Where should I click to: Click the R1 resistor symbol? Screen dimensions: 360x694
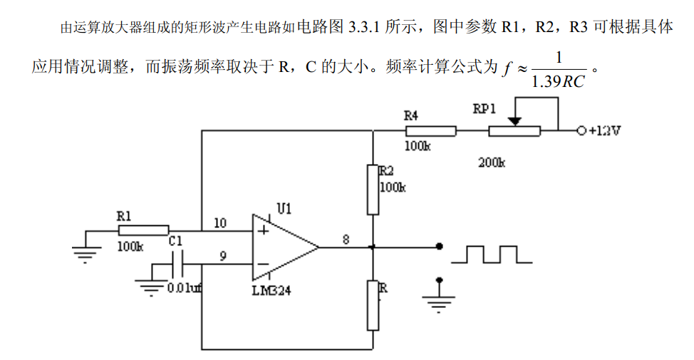pyautogui.click(x=143, y=230)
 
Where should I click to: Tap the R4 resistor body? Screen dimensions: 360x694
pyautogui.click(x=430, y=131)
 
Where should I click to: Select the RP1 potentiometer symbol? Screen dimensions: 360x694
pyautogui.click(x=514, y=130)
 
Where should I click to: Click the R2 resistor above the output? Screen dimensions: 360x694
pyautogui.click(x=373, y=190)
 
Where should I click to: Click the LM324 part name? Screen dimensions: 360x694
pyautogui.click(x=271, y=291)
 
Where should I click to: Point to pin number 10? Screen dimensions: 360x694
pyautogui.click(x=220, y=223)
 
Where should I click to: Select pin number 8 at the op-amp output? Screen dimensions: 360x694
pyautogui.click(x=346, y=240)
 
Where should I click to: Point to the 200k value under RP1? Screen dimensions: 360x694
pyautogui.click(x=491, y=162)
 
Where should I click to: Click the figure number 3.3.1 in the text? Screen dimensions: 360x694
pyautogui.click(x=364, y=28)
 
